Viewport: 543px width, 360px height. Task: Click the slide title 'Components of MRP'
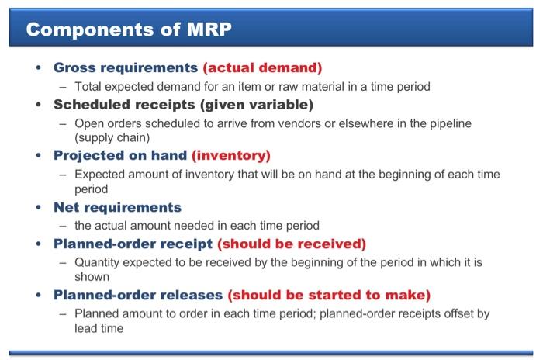[128, 30]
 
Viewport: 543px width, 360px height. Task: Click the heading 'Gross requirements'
[125, 67]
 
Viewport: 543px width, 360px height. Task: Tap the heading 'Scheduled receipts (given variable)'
[183, 104]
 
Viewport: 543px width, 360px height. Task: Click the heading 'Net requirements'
[117, 207]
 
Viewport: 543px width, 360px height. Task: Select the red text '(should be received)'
[291, 244]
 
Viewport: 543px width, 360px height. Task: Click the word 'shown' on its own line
[92, 275]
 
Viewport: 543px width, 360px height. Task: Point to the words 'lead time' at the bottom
[99, 327]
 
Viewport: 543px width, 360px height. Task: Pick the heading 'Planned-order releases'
[138, 295]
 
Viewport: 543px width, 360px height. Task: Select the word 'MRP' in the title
[206, 30]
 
